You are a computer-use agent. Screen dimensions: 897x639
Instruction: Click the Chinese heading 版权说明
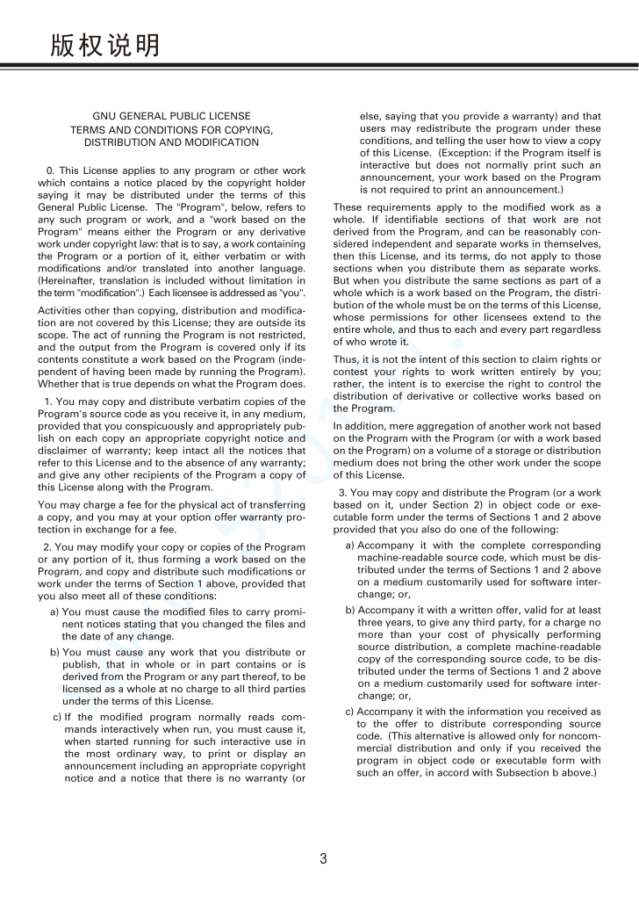click(105, 44)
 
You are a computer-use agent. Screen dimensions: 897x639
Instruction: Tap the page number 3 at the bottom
click(323, 858)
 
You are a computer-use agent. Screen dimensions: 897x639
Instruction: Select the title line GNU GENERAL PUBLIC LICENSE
click(171, 116)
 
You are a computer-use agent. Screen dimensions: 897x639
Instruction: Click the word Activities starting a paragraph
click(64, 311)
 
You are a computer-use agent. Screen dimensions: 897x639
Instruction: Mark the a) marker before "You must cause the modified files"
click(55, 611)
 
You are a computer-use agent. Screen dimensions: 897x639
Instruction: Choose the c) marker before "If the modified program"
click(58, 716)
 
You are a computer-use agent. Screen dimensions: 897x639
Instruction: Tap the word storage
click(509, 450)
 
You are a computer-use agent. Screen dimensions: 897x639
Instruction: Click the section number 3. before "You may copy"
click(343, 493)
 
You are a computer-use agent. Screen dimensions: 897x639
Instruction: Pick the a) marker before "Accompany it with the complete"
click(350, 545)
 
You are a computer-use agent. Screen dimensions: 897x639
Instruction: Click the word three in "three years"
click(371, 622)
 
